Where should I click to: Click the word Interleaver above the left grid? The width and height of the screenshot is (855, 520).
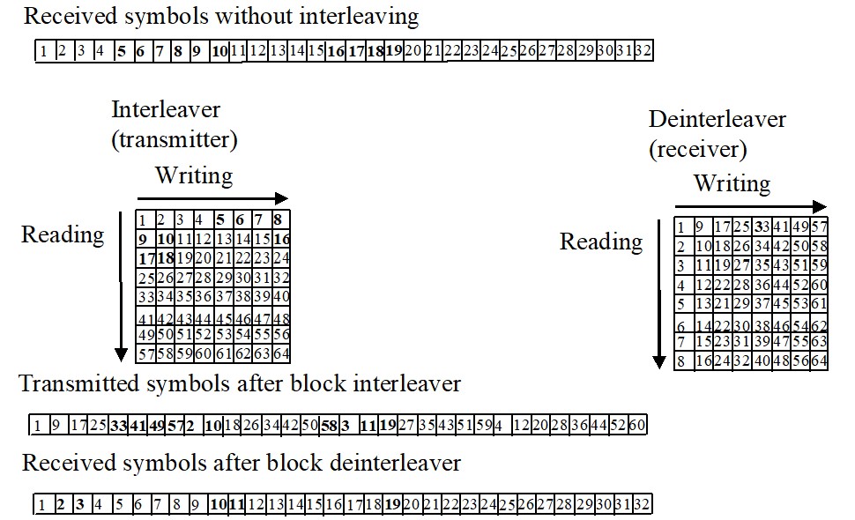166,110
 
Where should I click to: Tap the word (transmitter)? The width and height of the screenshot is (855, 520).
175,139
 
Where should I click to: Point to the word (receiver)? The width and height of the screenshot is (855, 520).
698,149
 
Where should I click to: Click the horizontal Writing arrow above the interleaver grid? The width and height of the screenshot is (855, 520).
212,198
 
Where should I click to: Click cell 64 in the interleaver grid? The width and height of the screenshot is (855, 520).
281,354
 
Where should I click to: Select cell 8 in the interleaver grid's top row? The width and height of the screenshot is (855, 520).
279,219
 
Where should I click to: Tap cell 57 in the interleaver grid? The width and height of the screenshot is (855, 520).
145,354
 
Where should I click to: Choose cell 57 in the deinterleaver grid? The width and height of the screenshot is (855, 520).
819,227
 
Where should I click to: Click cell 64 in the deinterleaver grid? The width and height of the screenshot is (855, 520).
819,360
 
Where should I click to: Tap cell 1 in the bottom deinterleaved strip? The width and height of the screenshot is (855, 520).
41,505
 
